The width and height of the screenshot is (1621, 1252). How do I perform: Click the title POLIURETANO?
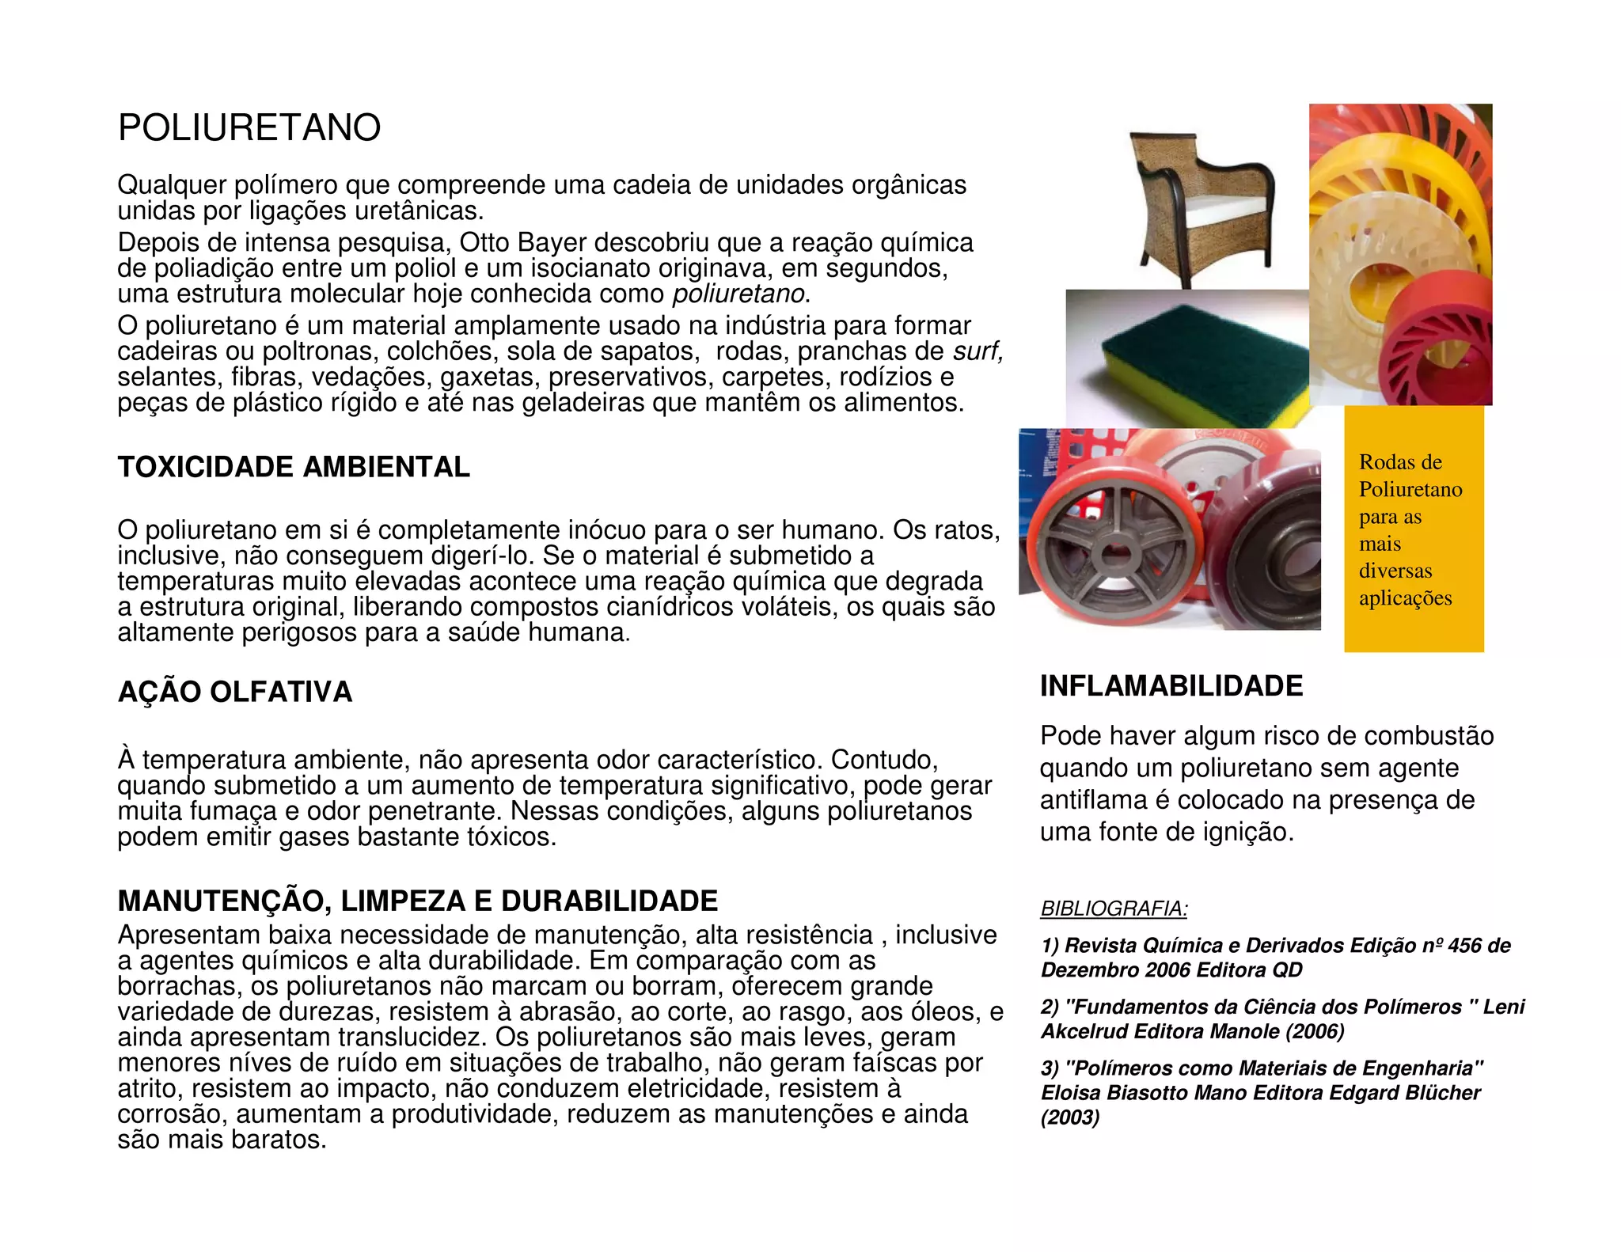249,128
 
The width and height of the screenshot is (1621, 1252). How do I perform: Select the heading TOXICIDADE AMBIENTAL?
294,467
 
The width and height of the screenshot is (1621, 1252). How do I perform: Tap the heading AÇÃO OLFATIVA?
235,692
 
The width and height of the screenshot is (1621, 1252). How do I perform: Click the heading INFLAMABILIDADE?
1171,686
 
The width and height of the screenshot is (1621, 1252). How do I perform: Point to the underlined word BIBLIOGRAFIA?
1114,909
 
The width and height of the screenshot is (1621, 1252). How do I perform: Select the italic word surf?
978,351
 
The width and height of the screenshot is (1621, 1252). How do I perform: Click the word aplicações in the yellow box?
1405,598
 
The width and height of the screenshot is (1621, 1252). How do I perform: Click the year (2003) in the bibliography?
1070,1117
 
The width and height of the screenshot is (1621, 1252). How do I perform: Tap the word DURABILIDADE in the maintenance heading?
609,901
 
